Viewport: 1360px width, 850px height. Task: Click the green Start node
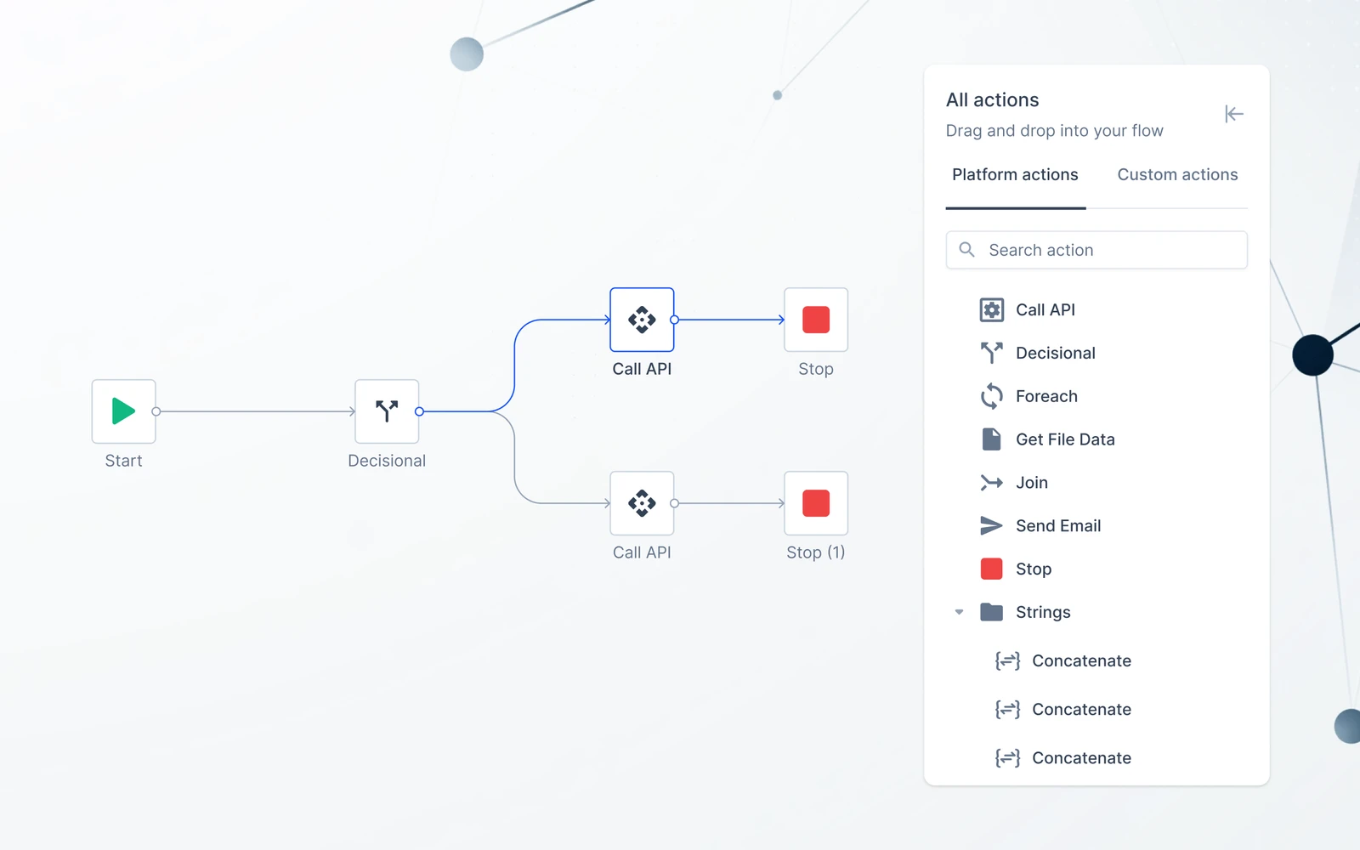click(x=124, y=411)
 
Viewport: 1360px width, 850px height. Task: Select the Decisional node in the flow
click(x=387, y=411)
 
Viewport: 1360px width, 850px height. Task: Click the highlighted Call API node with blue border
click(x=642, y=320)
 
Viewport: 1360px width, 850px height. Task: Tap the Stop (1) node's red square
click(x=815, y=503)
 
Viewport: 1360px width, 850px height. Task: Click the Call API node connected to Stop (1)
click(x=642, y=503)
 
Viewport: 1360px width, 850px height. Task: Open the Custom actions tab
click(x=1177, y=174)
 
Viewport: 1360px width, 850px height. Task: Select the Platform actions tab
click(x=1015, y=174)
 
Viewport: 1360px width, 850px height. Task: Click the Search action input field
click(x=1096, y=250)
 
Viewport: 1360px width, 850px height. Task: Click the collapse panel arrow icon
click(x=1233, y=114)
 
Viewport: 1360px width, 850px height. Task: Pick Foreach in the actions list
click(x=1046, y=396)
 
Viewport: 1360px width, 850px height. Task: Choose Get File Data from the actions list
click(x=1065, y=439)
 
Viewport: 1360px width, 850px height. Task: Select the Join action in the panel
click(x=1032, y=483)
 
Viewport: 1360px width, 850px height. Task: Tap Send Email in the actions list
click(x=1058, y=526)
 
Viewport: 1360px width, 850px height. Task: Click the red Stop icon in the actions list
click(x=991, y=569)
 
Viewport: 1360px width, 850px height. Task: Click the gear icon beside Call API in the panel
click(x=991, y=309)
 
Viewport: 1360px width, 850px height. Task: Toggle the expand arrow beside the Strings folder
click(x=959, y=612)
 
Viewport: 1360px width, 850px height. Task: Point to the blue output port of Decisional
click(x=419, y=411)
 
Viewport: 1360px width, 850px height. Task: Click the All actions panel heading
click(x=992, y=99)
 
